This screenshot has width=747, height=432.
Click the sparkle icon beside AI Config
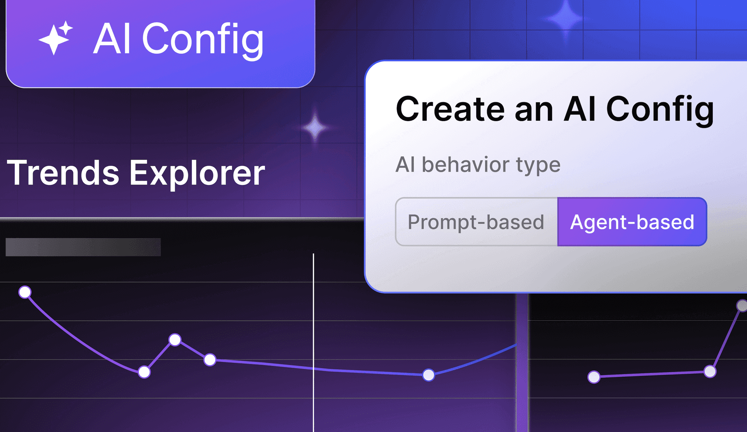point(55,38)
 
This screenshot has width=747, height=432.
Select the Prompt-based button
point(476,222)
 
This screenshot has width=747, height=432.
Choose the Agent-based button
point(632,222)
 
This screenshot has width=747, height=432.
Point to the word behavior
point(465,165)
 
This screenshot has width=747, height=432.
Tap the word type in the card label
point(538,165)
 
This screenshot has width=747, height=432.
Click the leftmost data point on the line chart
point(25,292)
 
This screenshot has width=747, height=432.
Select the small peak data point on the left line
point(175,340)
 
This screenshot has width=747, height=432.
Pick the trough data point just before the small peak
point(144,372)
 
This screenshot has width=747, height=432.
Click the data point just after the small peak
point(210,360)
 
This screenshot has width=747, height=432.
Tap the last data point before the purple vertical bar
point(428,375)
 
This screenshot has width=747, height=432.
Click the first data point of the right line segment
point(594,377)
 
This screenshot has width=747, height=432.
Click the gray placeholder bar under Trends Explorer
point(83,247)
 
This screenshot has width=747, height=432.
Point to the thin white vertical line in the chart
point(313,342)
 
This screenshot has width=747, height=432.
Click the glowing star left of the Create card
point(315,127)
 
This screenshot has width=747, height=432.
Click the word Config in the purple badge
point(203,39)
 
